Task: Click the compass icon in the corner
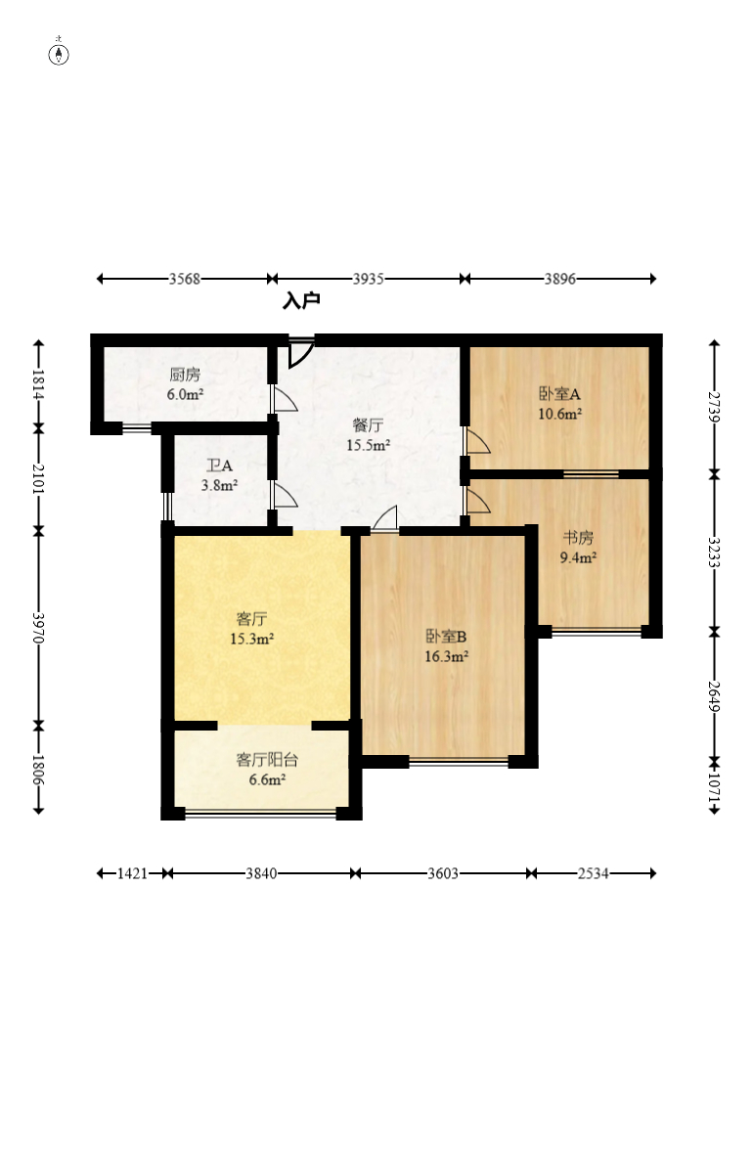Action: pos(59,54)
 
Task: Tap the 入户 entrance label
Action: pos(302,300)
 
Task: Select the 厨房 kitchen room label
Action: pos(185,375)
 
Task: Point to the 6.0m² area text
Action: pos(185,394)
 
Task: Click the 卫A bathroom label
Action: pos(219,466)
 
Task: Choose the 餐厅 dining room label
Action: pos(368,424)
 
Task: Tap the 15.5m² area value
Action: pos(368,445)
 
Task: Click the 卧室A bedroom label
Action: pos(559,394)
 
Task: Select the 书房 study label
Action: pos(578,537)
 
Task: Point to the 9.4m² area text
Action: pos(578,557)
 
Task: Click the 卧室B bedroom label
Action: pos(446,636)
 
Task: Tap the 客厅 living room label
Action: pos(251,619)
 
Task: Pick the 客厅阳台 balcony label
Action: pos(267,760)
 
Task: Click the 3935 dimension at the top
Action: pos(368,278)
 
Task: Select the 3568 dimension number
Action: pos(184,278)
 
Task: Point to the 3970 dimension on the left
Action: pos(38,628)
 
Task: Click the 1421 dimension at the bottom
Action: pos(132,873)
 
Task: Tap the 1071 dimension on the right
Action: pos(714,787)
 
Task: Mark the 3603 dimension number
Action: pos(443,873)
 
